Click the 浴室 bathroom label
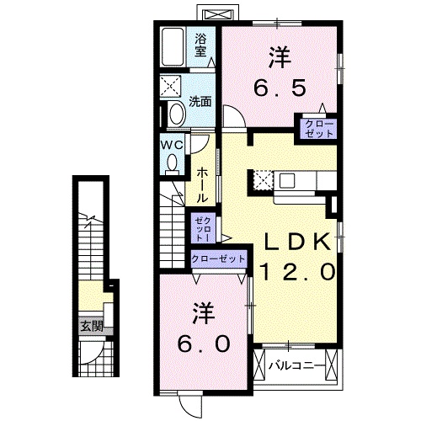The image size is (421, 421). [200, 44]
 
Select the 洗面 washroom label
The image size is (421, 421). [200, 103]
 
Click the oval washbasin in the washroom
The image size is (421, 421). [176, 114]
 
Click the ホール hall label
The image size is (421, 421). [203, 184]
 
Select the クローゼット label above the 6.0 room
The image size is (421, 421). [218, 259]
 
